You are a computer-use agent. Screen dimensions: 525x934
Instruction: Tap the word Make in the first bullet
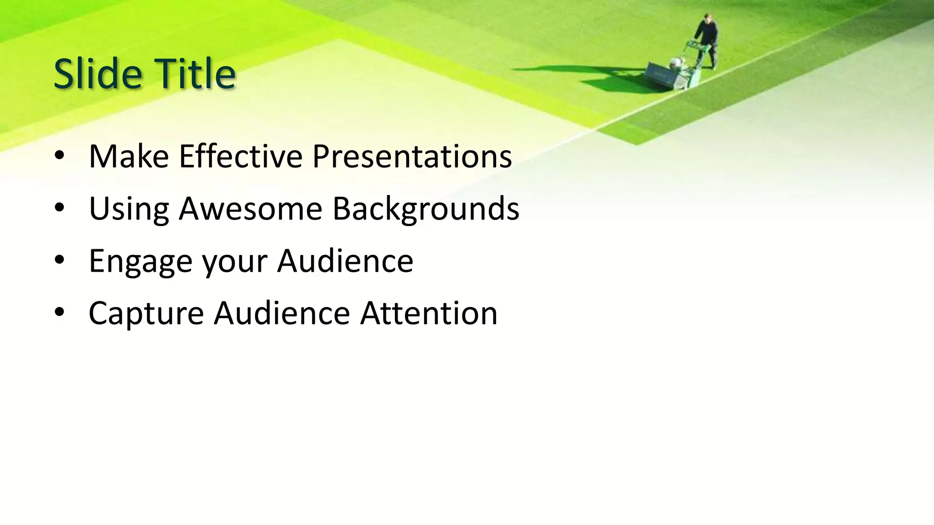click(x=129, y=156)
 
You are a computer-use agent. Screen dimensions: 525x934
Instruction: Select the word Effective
click(x=240, y=156)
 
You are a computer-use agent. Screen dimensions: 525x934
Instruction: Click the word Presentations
click(x=412, y=156)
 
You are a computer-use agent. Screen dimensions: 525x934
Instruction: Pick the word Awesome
click(x=250, y=209)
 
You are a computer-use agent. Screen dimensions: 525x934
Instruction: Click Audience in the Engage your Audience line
click(x=345, y=261)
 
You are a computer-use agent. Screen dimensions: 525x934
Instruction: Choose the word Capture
click(x=146, y=314)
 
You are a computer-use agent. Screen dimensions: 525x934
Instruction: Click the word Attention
click(x=429, y=313)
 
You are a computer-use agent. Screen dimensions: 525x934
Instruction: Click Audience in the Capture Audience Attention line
click(x=282, y=313)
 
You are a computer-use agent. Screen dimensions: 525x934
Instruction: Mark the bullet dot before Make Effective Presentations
click(x=59, y=156)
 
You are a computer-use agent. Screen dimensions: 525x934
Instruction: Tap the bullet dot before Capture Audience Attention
click(x=59, y=313)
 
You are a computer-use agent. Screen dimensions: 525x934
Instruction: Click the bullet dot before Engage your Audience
click(x=59, y=261)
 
